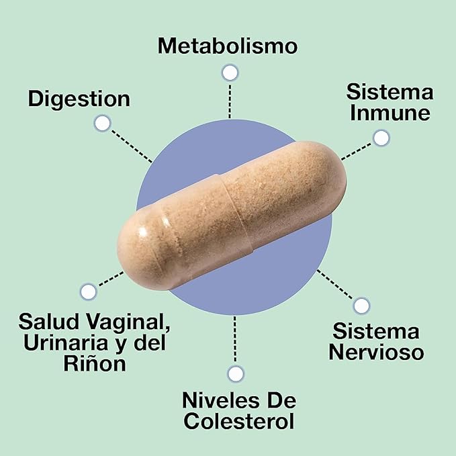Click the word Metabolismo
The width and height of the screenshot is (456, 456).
point(228,46)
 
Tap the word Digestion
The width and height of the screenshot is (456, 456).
point(79,99)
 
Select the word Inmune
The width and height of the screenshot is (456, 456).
point(390,113)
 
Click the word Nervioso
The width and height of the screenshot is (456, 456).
point(376,352)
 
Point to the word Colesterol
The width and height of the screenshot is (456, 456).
point(239,421)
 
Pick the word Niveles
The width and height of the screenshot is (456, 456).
point(220,400)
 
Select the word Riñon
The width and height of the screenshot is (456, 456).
point(95,363)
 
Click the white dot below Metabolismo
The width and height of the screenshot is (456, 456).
point(230,73)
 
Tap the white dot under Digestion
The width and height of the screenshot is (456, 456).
point(102,124)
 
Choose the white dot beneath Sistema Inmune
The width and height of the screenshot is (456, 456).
point(381,138)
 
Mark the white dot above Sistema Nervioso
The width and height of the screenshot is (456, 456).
point(361,306)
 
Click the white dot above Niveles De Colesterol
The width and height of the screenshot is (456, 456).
point(235,373)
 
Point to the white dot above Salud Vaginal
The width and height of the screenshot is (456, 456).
point(88,291)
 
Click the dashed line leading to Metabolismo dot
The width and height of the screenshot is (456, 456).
point(230,101)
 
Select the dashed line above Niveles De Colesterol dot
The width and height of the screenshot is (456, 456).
point(235,339)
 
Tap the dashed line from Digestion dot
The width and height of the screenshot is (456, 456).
point(132,146)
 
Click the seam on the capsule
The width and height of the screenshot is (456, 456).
point(236,214)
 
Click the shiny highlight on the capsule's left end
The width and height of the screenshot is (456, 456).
point(143,232)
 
